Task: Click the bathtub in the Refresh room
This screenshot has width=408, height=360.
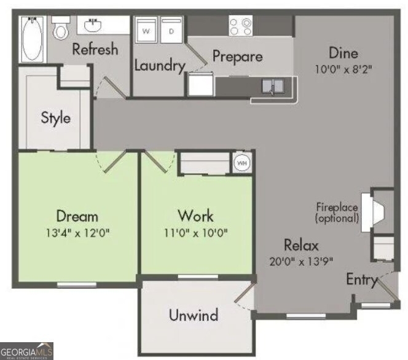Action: pyautogui.click(x=33, y=39)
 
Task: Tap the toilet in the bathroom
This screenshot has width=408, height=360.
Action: pyautogui.click(x=61, y=28)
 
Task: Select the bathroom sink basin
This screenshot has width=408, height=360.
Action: pyautogui.click(x=93, y=25)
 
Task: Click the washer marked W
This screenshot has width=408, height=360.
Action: pyautogui.click(x=146, y=30)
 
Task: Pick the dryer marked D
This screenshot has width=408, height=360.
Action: pyautogui.click(x=171, y=30)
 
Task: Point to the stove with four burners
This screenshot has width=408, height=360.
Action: pyautogui.click(x=240, y=25)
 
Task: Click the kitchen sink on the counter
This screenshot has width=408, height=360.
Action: pyautogui.click(x=273, y=87)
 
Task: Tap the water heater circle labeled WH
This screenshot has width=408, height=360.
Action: pyautogui.click(x=242, y=163)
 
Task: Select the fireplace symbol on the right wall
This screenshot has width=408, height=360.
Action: pyautogui.click(x=372, y=213)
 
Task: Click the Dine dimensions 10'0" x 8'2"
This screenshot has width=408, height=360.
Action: pyautogui.click(x=343, y=69)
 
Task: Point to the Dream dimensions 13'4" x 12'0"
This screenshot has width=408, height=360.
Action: pyautogui.click(x=77, y=233)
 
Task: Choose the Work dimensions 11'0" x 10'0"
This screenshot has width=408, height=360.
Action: pyautogui.click(x=195, y=233)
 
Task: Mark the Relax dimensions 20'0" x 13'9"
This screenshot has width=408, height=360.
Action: pyautogui.click(x=301, y=261)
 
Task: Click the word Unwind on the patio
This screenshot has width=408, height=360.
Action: pyautogui.click(x=194, y=315)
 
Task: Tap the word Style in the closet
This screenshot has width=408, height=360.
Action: pyautogui.click(x=56, y=119)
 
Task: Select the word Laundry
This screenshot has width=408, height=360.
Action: pyautogui.click(x=160, y=65)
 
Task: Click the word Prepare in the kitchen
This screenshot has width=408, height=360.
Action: pyautogui.click(x=238, y=56)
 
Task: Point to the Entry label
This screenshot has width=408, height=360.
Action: pyautogui.click(x=362, y=280)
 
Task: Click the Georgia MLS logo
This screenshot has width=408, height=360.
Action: pyautogui.click(x=26, y=351)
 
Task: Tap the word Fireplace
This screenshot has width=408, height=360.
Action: pyautogui.click(x=337, y=207)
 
